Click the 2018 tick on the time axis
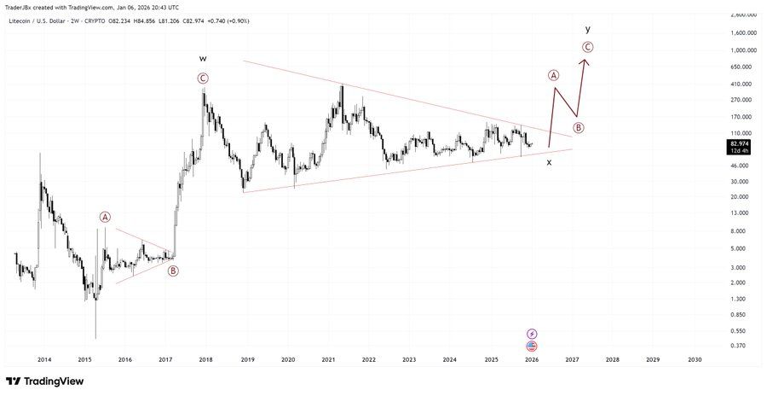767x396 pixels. (x=206, y=360)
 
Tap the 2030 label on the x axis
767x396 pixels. (x=695, y=360)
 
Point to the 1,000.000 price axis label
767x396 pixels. (x=744, y=49)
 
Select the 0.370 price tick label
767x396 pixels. (x=739, y=345)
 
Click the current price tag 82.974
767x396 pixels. (x=739, y=143)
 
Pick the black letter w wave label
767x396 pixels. (x=203, y=58)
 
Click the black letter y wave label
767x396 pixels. (x=588, y=29)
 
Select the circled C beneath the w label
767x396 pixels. (x=203, y=79)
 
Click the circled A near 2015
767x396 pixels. (x=105, y=217)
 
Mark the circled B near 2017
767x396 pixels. (x=173, y=271)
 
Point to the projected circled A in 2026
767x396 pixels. (x=554, y=75)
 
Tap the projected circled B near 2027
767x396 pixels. (x=579, y=128)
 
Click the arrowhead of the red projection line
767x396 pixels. (x=585, y=59)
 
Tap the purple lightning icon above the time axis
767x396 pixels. (x=533, y=334)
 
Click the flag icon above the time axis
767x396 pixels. (x=533, y=346)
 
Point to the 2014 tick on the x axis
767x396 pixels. (x=44, y=360)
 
